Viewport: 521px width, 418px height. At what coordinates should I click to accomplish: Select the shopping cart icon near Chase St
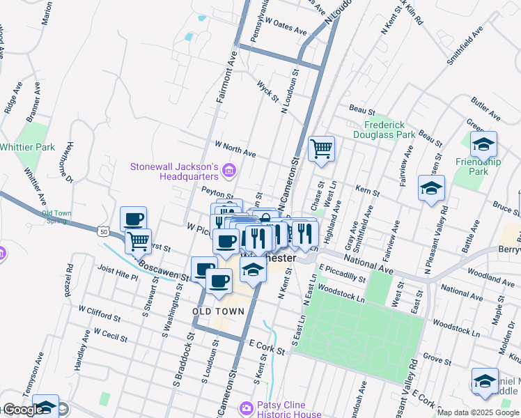[x=321, y=148]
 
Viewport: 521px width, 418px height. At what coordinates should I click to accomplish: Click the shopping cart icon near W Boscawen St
[x=139, y=240]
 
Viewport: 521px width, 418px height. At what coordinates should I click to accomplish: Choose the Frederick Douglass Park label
[x=379, y=130]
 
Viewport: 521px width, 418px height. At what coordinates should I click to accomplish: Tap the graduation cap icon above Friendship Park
[x=483, y=144]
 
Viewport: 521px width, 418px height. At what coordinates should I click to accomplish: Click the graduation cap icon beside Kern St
[x=432, y=188]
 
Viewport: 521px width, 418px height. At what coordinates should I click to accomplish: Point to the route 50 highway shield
[x=104, y=231]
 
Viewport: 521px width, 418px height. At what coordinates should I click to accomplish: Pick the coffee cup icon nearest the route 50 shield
[x=133, y=219]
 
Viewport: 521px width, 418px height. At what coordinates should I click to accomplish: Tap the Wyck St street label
[x=267, y=91]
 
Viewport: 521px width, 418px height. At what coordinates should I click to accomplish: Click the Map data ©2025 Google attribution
[x=479, y=412]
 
